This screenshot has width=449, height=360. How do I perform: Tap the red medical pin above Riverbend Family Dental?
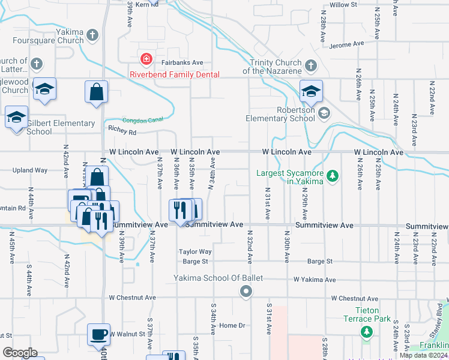tap(145, 59)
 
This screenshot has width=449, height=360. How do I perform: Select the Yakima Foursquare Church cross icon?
tap(92, 35)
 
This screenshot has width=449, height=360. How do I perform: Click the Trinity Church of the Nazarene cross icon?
tap(310, 65)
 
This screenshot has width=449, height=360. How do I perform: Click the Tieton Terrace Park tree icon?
tap(366, 331)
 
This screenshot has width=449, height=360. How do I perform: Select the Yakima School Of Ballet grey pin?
tap(246, 292)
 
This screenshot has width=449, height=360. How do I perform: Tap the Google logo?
tap(20, 353)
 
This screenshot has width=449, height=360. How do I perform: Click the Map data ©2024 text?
tap(423, 355)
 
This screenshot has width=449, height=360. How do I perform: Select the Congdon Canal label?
tap(142, 120)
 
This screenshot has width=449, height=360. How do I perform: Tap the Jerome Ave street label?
tap(347, 44)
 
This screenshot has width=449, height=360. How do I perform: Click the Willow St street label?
tap(343, 5)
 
